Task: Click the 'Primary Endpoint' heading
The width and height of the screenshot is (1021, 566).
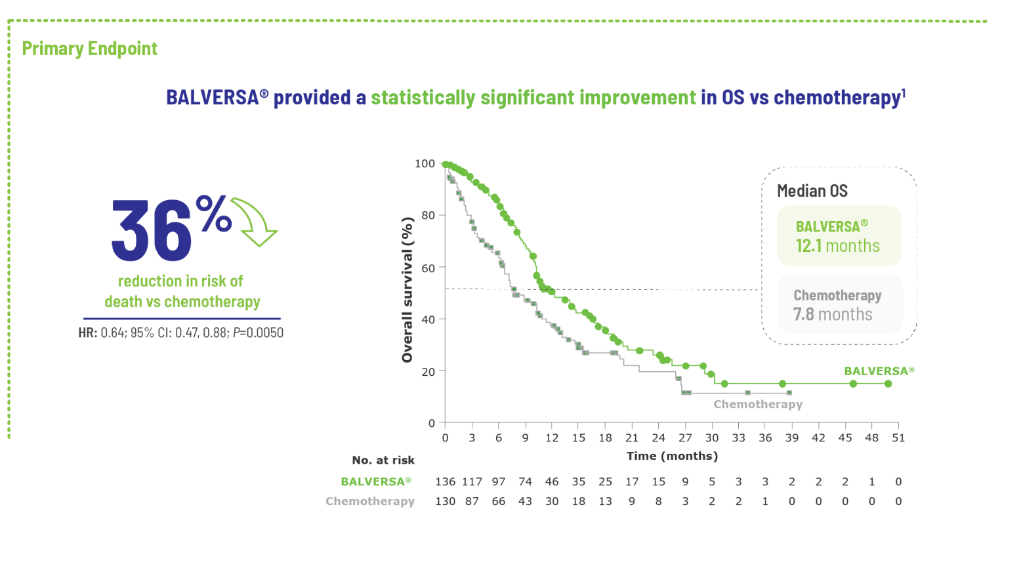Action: point(90,49)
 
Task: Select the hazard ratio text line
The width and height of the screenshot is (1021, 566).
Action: point(181,333)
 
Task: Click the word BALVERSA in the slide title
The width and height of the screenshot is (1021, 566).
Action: point(213,98)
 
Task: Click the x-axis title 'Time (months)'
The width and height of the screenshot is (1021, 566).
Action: point(672,456)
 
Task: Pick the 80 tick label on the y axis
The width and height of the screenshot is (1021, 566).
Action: point(428,215)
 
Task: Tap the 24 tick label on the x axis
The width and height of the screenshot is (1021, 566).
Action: point(658,438)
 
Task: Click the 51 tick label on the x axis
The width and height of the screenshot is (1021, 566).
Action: point(898,438)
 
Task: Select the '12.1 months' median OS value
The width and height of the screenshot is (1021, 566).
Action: point(837,246)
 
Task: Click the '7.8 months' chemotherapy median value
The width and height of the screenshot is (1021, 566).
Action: point(833,315)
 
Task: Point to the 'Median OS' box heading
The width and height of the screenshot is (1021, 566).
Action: point(812,191)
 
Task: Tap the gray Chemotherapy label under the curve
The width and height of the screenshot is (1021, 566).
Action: point(758,404)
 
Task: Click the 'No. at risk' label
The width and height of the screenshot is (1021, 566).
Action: point(383,460)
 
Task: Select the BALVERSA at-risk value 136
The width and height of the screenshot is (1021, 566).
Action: point(445,481)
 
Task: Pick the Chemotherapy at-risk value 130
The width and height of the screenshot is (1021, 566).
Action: point(445,501)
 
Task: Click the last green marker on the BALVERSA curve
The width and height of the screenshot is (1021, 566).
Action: point(888,384)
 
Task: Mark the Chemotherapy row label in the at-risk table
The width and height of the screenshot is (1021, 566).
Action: point(370,501)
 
